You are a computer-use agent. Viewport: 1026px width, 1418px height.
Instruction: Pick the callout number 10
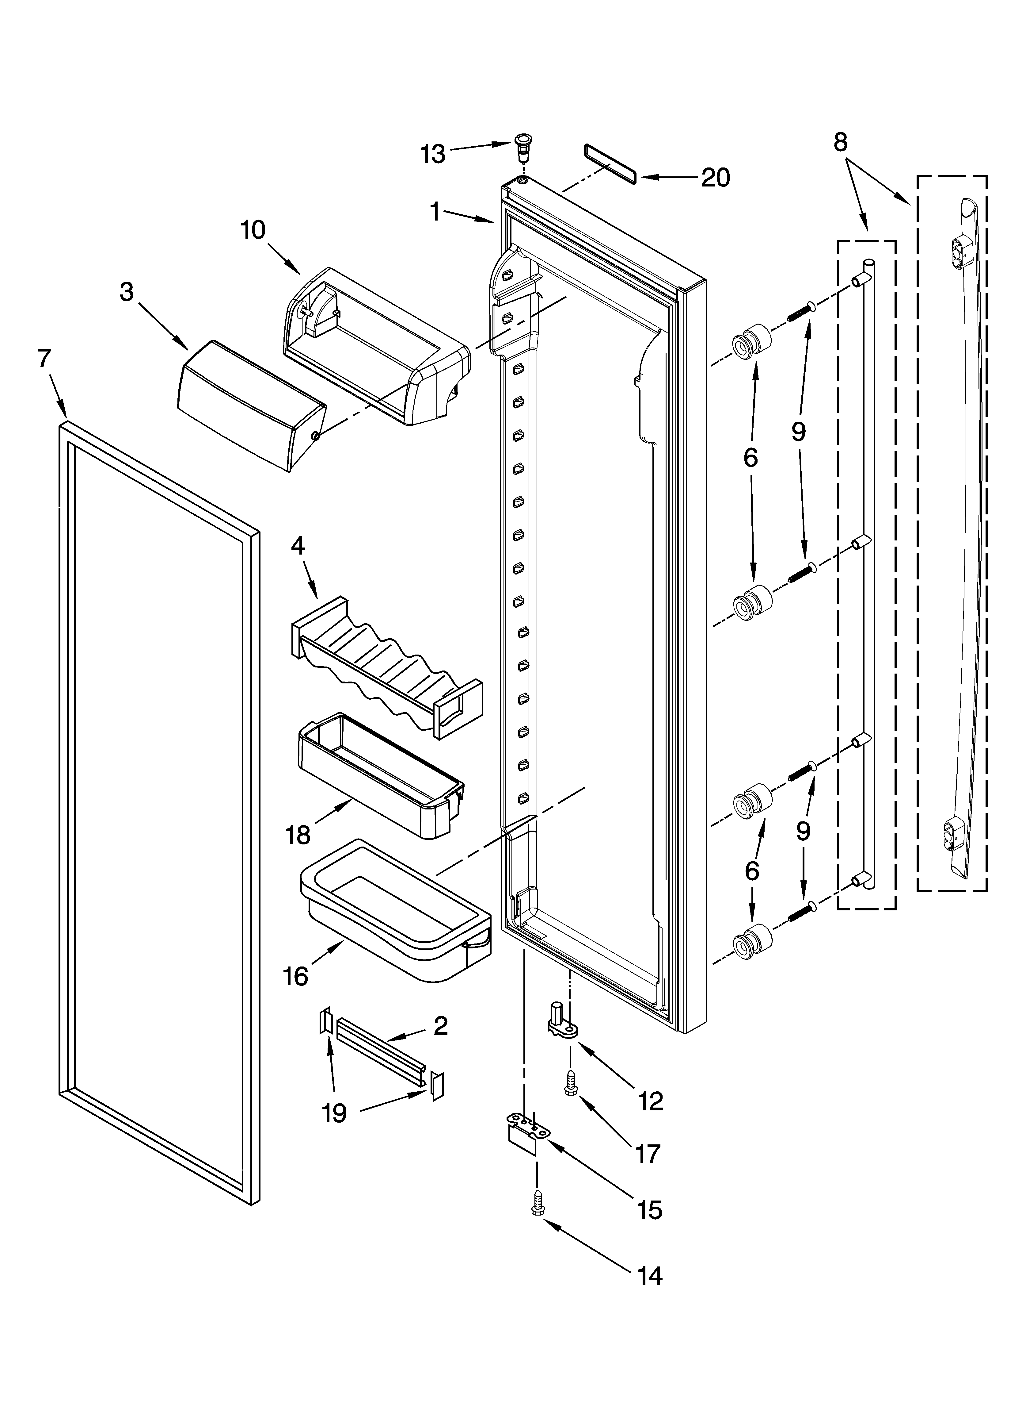(253, 230)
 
